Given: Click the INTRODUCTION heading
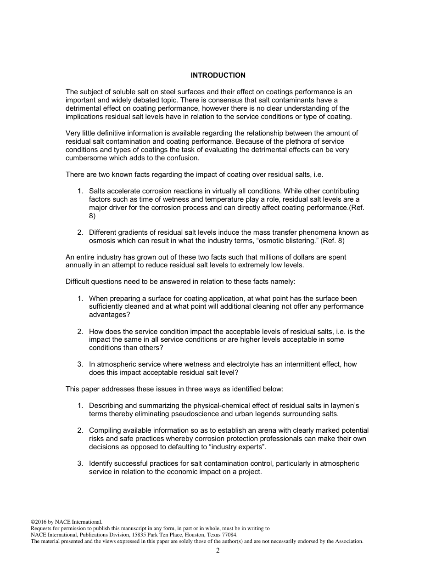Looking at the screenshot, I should click(218, 75).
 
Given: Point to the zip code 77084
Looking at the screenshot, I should click(229, 535).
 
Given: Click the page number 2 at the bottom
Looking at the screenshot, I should click(218, 551).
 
